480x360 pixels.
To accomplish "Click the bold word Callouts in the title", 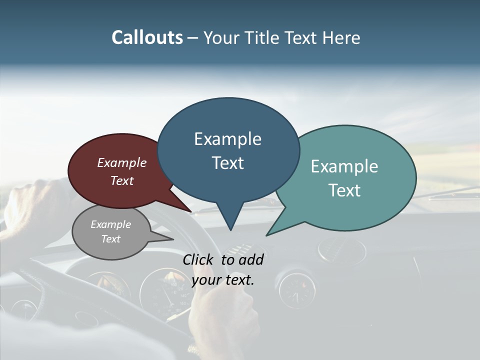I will point(147,37).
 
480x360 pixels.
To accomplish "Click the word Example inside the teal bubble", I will point(344,166).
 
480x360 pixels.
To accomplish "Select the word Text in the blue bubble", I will point(228,163).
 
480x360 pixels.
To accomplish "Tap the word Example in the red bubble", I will point(122,162).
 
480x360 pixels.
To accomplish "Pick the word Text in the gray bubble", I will point(110,239).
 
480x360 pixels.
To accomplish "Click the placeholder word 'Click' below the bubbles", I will point(198,259).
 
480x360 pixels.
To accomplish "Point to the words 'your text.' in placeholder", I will point(223,280).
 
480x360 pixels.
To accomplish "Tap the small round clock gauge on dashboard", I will point(296,288).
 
